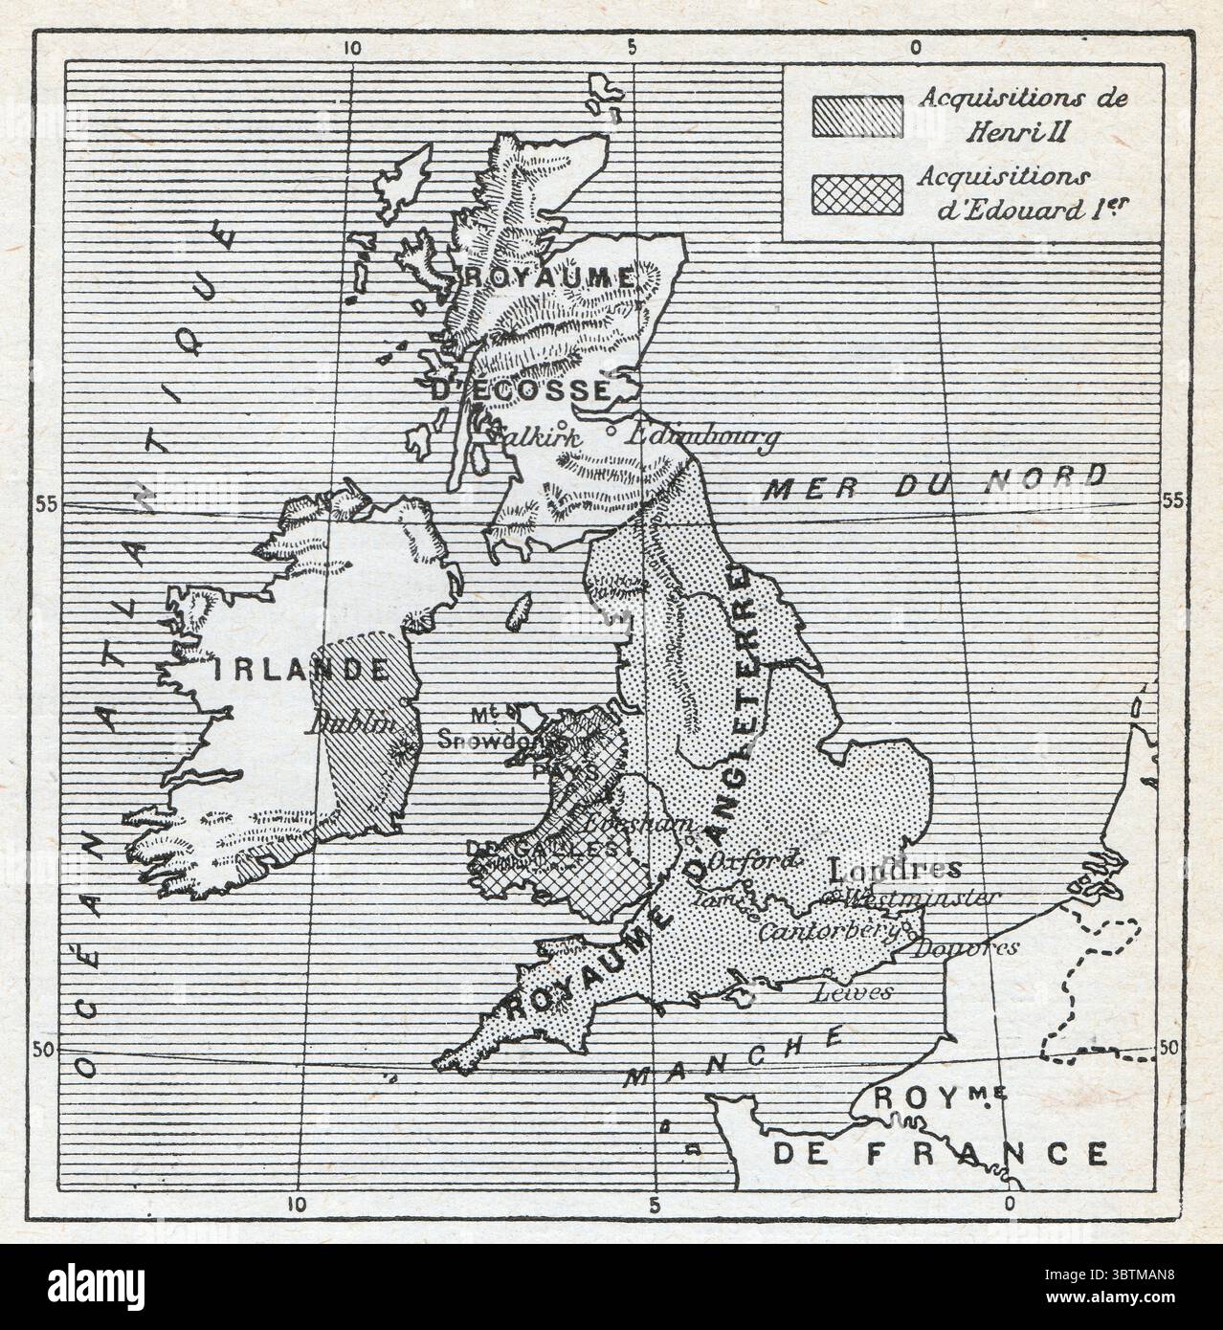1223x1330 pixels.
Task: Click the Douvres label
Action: [x=964, y=948]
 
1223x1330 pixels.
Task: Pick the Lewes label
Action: [x=852, y=992]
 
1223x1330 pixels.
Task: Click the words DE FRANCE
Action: [x=940, y=1153]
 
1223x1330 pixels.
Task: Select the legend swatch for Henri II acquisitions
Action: [x=856, y=115]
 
